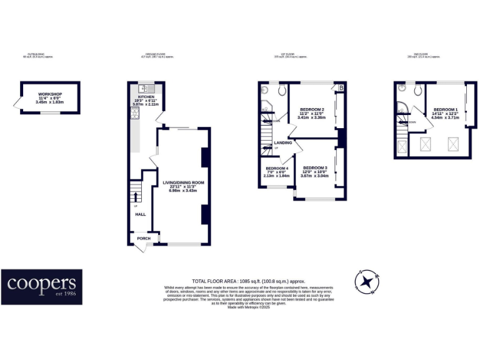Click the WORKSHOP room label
[x=50, y=94]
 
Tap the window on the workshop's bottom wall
[x=50, y=113]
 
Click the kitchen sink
[x=142, y=88]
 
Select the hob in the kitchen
[x=134, y=113]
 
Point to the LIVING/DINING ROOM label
[x=184, y=182]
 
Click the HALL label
[x=140, y=214]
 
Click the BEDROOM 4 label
[x=277, y=169]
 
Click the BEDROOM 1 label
[x=445, y=110]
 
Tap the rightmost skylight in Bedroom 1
[x=452, y=145]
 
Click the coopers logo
[x=41, y=286]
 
